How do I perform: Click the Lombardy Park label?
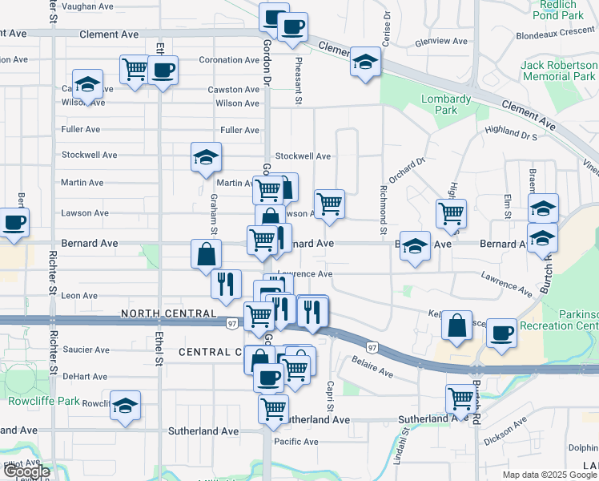(x=446, y=105)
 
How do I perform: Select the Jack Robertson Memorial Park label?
(x=558, y=71)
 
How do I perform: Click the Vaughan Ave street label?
(x=87, y=6)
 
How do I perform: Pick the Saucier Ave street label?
(x=86, y=350)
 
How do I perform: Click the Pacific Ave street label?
(x=295, y=442)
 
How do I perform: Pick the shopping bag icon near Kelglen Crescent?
(x=456, y=325)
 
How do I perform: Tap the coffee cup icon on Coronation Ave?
(x=163, y=71)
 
